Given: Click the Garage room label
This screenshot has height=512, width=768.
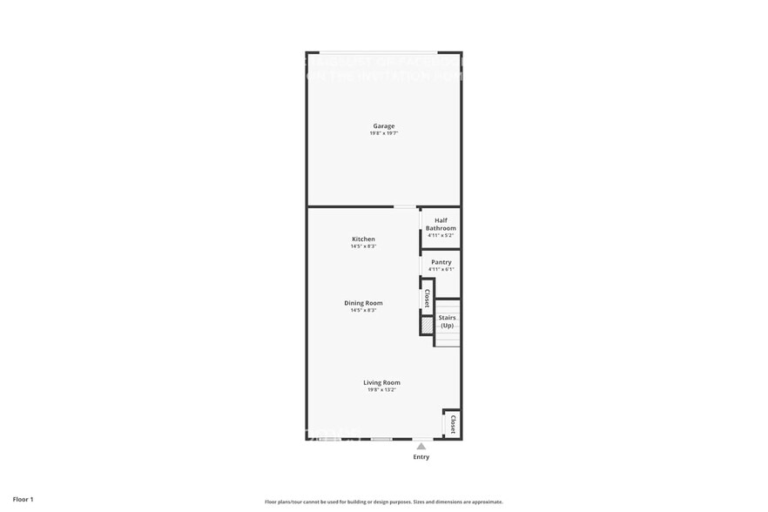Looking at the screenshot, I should (x=383, y=126).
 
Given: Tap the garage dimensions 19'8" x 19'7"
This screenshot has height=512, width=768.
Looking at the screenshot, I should (x=383, y=133).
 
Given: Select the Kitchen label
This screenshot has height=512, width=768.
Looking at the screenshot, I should (x=363, y=239).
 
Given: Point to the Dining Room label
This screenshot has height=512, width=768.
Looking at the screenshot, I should (x=363, y=303).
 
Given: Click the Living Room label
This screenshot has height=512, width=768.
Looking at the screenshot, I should (x=382, y=382).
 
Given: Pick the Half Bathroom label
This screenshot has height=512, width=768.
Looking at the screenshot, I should (x=441, y=225).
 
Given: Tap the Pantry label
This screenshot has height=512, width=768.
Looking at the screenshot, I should (x=441, y=262).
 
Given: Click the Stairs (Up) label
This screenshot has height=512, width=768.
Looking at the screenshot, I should (x=447, y=321).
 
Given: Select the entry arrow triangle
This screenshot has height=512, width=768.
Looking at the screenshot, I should (x=421, y=446).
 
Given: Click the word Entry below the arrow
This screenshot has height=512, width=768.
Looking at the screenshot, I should (x=421, y=457).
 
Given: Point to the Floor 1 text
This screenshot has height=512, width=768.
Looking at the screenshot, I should (x=23, y=500).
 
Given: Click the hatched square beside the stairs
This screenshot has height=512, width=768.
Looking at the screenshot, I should (x=427, y=325).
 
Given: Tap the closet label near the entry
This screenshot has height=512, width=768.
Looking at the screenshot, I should (x=453, y=424).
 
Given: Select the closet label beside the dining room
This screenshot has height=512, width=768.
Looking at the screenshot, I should (x=427, y=299).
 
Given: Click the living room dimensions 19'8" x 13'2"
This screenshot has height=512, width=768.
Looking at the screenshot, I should (x=382, y=390).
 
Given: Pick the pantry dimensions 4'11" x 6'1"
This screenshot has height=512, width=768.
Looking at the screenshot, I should (x=441, y=269).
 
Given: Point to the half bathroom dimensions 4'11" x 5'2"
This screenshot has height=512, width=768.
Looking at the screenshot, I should (x=441, y=235).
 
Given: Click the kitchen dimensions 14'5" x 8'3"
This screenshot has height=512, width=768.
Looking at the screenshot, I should (x=363, y=246).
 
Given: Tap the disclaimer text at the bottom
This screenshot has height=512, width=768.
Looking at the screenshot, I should (x=383, y=502).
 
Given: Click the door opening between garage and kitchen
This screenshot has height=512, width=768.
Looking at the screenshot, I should (x=405, y=207).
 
